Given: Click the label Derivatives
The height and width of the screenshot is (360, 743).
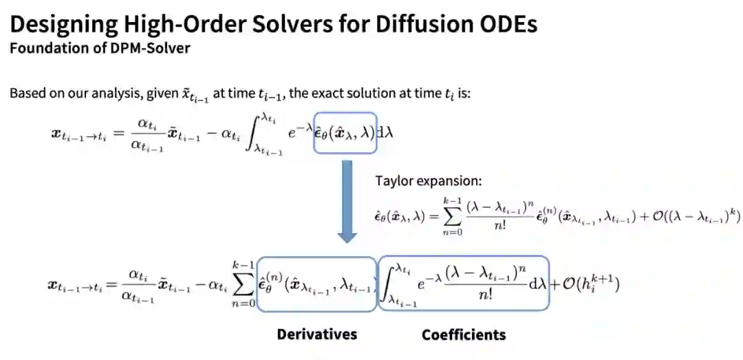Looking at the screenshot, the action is [x=316, y=335].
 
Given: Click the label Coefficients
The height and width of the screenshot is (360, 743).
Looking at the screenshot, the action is [x=464, y=335].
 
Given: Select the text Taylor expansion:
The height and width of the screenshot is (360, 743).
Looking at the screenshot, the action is [x=428, y=181].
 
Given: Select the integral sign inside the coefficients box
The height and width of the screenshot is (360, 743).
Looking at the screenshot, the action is [x=393, y=282].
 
